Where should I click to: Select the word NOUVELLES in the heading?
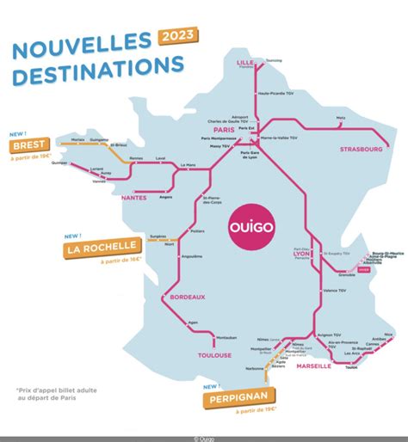click(x=82, y=45)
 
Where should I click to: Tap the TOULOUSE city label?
click(x=213, y=354)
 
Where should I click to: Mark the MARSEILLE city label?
click(x=312, y=365)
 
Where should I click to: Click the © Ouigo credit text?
click(x=204, y=438)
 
